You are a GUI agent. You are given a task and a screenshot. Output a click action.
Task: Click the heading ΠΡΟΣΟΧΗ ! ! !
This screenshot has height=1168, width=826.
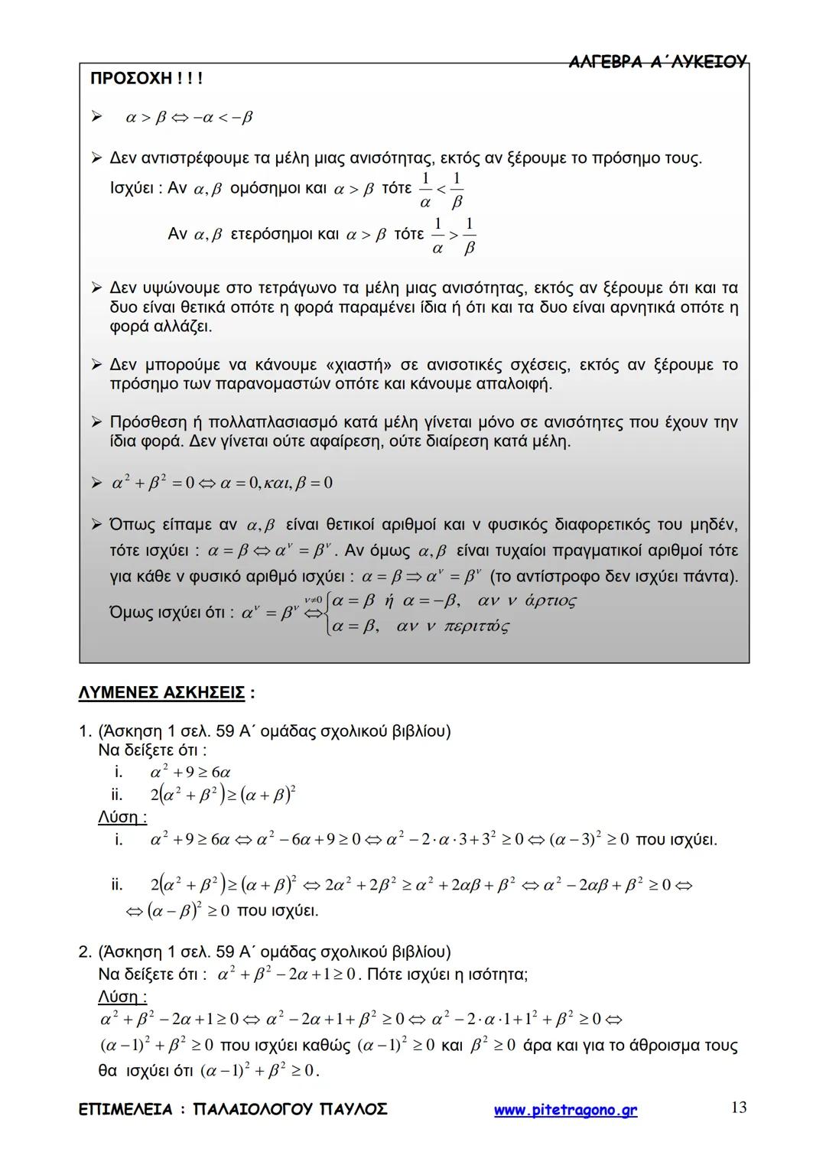146,79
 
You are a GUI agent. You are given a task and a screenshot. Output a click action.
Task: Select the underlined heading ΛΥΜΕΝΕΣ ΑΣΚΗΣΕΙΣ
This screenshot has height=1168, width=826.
162,693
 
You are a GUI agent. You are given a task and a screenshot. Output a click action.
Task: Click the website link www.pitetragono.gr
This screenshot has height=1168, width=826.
565,1110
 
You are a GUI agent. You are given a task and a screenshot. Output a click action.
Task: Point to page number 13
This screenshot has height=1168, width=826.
738,1108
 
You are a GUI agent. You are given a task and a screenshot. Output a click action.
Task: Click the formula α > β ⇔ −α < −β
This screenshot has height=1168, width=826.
189,118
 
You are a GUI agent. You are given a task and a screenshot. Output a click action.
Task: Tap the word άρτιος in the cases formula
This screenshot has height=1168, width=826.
550,600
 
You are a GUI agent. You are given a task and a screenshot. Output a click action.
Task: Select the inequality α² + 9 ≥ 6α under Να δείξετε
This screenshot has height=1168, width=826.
190,773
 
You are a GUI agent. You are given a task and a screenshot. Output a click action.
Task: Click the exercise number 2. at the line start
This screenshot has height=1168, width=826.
86,952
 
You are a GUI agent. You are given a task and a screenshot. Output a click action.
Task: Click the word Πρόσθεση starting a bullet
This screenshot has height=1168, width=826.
148,422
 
